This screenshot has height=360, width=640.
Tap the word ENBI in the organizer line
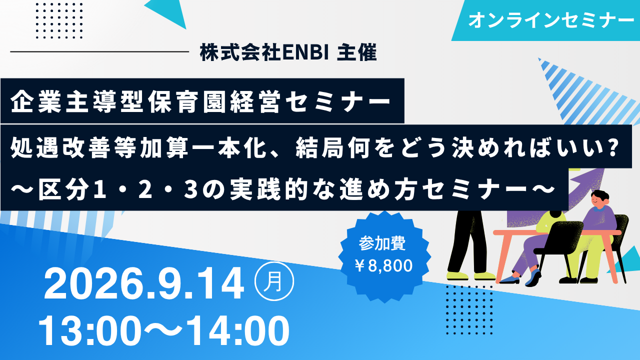coord(305,52)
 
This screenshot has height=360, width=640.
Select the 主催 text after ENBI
coord(357,52)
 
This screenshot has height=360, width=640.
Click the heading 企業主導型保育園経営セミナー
coord(200,101)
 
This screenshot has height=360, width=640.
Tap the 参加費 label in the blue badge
coord(382,243)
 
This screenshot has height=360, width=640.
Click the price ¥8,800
coord(383,265)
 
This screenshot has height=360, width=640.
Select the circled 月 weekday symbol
coord(274,281)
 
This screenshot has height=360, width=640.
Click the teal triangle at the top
coord(168,12)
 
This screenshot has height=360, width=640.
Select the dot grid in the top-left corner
coord(59,20)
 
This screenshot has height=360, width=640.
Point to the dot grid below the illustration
coord(469,309)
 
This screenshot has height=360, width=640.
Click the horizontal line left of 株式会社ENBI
coord(99,51)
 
